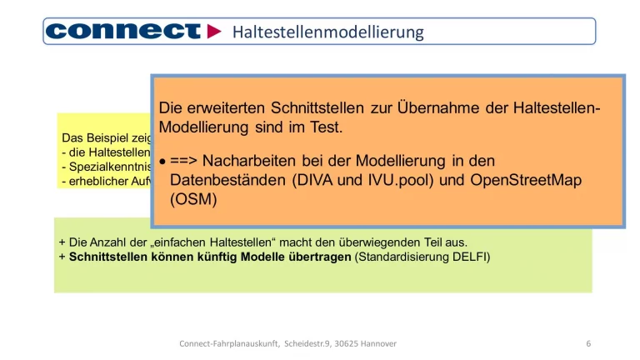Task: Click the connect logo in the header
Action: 122,32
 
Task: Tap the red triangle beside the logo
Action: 214,32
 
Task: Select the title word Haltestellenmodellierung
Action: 327,32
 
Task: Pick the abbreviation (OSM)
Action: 193,200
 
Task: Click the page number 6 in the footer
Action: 588,343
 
